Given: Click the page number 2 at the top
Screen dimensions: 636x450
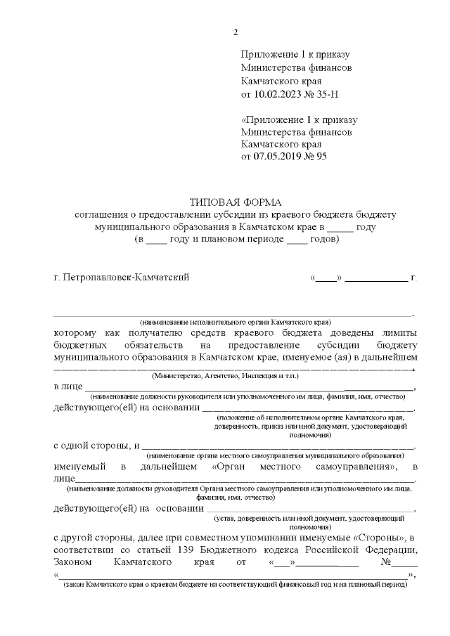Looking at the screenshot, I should pos(236,32).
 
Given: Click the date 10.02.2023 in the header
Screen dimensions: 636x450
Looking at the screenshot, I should pos(278,94).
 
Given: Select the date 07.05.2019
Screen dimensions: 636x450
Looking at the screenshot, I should pos(278,157).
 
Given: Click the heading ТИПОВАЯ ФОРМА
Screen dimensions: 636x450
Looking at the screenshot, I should pos(236,202).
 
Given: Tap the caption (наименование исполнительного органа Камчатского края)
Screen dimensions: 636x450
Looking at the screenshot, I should pos(235,320).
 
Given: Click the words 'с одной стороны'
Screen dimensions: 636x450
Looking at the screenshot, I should pos(92,445).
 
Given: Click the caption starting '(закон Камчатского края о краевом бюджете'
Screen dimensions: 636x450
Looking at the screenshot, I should pos(234,585).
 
